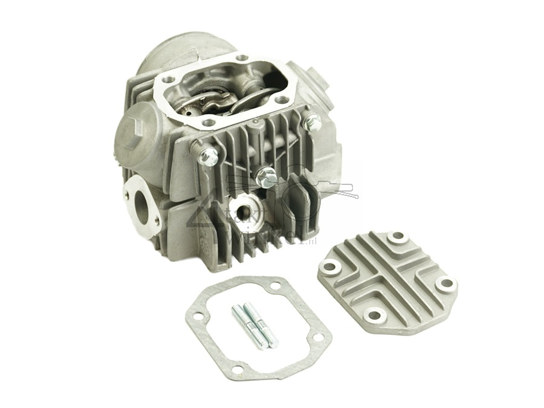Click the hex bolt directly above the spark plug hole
click(x=265, y=175)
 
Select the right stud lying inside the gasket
click(x=264, y=330)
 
